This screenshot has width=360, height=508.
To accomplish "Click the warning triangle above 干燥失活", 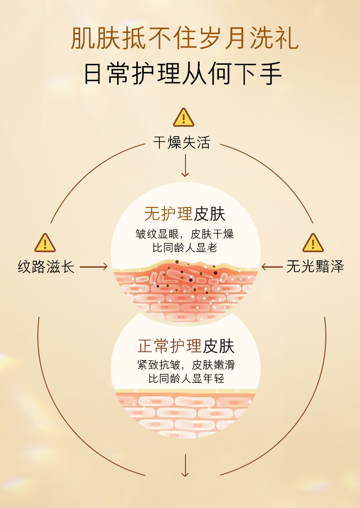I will pyautogui.click(x=184, y=118).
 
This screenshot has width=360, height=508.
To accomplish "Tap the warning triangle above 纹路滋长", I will pyautogui.click(x=45, y=243).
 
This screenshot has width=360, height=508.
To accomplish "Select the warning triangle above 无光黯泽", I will pyautogui.click(x=313, y=243).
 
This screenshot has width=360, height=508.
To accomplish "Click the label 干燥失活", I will pyautogui.click(x=181, y=143).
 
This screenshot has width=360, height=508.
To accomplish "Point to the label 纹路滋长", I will pyautogui.click(x=46, y=267).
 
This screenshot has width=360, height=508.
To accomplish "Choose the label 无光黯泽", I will pyautogui.click(x=315, y=267).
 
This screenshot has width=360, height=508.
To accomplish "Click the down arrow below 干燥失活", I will pyautogui.click(x=185, y=166).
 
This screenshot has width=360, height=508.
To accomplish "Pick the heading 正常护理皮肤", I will pyautogui.click(x=186, y=346).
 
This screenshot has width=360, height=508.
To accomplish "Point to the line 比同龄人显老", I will pyautogui.click(x=185, y=249).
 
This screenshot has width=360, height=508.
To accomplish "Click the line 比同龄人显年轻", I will pyautogui.click(x=186, y=378).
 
